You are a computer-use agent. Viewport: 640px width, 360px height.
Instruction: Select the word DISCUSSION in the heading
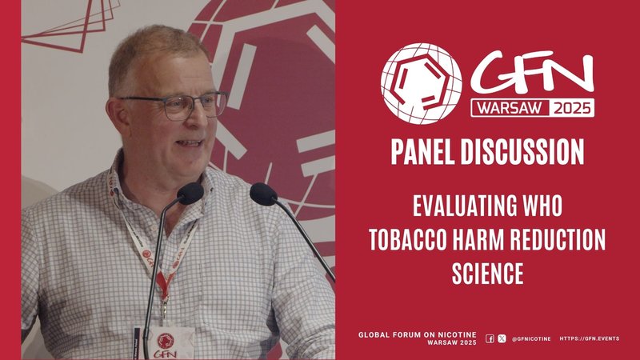(526, 151)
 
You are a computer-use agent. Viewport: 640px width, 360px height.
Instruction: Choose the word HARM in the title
(486, 239)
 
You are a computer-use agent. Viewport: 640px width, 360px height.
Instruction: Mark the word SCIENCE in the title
(486, 274)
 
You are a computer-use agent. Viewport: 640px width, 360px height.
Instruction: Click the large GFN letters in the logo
(532, 77)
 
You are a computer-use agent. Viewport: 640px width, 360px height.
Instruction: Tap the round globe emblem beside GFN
(421, 82)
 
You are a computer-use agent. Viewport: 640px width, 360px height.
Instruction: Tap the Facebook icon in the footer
(490, 338)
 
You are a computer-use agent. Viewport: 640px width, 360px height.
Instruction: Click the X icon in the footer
(502, 338)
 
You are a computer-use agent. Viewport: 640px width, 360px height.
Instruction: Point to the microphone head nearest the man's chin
(190, 193)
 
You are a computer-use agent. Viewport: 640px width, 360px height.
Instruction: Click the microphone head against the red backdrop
(263, 194)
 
